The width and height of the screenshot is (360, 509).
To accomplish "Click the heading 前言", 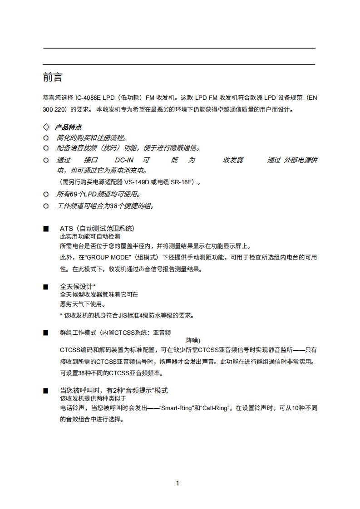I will (53, 78).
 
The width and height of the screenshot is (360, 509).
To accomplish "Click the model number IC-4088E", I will (89, 98).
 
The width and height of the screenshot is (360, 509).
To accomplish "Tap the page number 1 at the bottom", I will (178, 483).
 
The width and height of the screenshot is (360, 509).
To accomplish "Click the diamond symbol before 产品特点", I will (45, 127).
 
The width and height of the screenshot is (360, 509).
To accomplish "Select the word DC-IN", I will (123, 160).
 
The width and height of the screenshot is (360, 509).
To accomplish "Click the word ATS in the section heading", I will (66, 229).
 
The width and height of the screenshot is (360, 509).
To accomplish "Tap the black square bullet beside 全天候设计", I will (45, 287).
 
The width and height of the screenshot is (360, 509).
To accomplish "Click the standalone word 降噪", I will (193, 340).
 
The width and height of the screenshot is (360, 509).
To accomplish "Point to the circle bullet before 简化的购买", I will (45, 138).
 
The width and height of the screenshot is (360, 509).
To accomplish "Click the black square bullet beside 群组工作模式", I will (45, 333).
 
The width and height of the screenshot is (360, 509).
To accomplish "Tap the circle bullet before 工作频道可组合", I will (45, 206).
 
